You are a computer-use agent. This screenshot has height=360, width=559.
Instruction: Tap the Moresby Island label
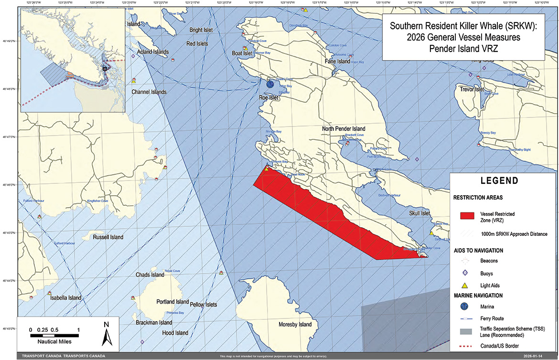[x=295, y=325]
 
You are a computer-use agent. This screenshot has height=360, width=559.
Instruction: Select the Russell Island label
[x=108, y=237]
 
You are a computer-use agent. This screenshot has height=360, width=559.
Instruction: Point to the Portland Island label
[x=172, y=302]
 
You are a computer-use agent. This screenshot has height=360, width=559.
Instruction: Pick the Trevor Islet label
[x=472, y=89]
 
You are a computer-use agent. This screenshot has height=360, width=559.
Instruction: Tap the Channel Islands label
[x=149, y=92]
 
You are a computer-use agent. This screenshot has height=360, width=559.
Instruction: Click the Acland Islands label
[x=153, y=52]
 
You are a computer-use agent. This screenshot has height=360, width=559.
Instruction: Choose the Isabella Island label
[x=65, y=298]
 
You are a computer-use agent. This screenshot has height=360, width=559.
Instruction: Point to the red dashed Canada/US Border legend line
[x=465, y=346]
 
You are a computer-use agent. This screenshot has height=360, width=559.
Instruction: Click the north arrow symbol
[x=107, y=333]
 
